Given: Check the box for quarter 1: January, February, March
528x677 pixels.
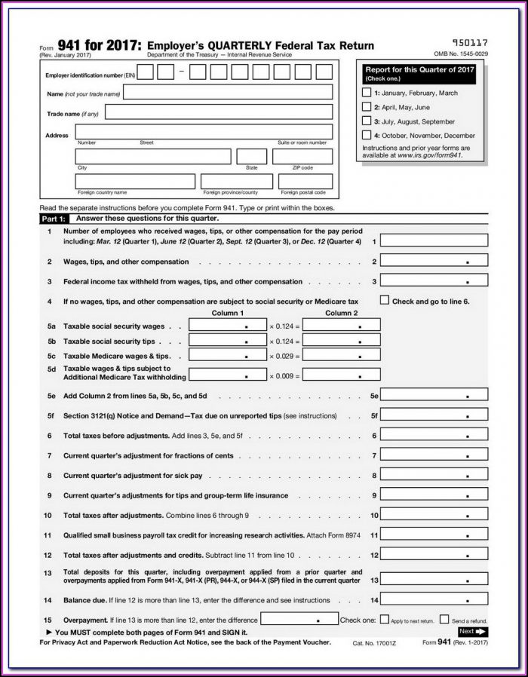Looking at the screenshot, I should tap(367, 93).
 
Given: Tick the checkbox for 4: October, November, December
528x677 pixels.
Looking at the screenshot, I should tap(367, 135).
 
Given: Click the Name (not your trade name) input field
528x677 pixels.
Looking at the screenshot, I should tap(228, 93).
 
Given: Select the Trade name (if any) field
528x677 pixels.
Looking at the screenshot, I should tap(219, 112).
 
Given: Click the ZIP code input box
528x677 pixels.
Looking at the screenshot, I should tap(302, 157).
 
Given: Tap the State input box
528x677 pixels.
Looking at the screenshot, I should tap(251, 157).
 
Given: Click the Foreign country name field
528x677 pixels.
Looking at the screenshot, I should tap(133, 182).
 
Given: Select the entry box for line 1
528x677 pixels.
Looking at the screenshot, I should tap(434, 240).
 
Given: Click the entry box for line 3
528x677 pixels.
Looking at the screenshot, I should tap(434, 281).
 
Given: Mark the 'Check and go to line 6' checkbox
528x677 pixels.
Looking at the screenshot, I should tap(384, 300).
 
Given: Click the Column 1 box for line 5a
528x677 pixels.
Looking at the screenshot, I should tap(227, 326).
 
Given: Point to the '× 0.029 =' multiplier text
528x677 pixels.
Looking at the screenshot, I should tap(284, 355).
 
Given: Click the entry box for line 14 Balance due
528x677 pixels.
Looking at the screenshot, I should tap(434, 600).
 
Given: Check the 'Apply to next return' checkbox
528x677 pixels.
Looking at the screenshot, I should tap(385, 620).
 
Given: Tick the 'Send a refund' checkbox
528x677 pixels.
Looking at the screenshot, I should tap(444, 620).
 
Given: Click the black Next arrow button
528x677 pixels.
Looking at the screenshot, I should tap(473, 631).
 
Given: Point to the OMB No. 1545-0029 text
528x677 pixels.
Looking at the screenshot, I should tap(460, 54).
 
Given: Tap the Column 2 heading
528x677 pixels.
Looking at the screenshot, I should tap(341, 313).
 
